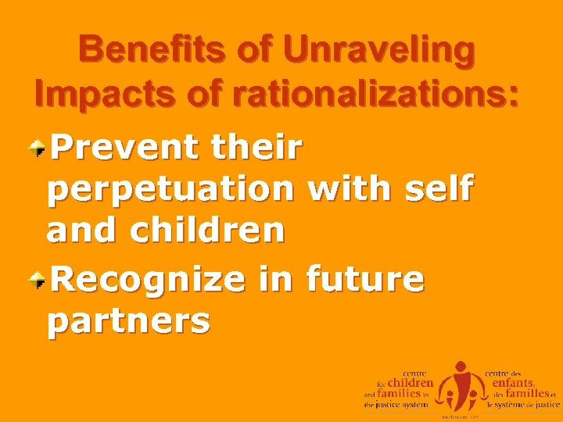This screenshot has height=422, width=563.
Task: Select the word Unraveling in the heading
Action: tap(379, 51)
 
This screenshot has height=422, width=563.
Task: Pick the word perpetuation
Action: tap(170, 189)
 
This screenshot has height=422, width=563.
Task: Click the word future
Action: tap(365, 278)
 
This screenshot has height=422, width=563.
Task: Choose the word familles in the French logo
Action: tap(527, 395)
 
